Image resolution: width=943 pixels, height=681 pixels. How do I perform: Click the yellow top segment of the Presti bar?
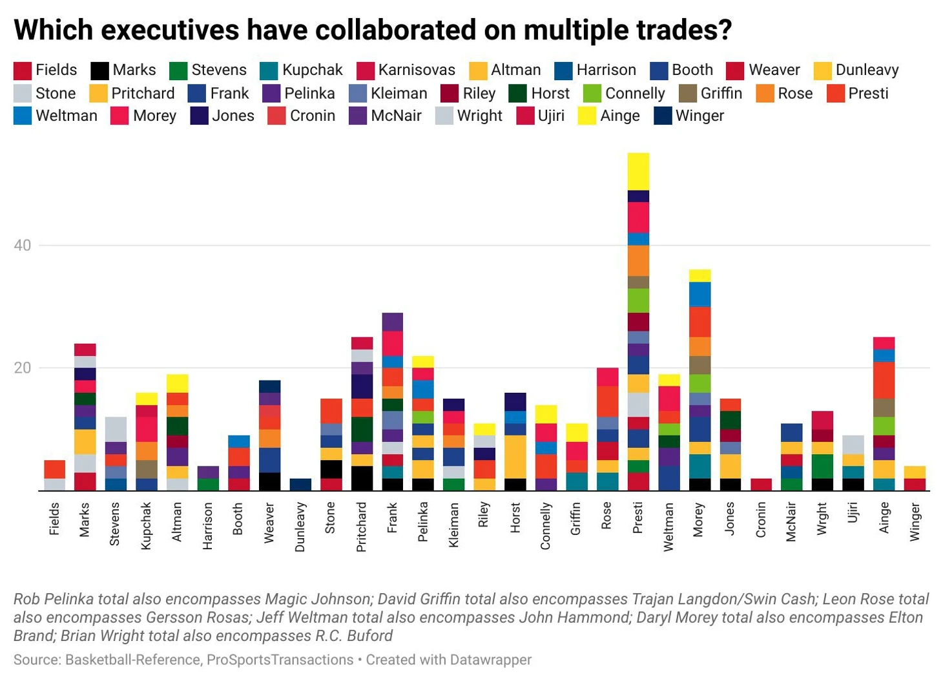[638, 171]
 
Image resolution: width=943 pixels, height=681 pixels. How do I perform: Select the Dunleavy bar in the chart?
[300, 485]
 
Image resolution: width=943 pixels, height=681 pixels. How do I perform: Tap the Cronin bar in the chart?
[761, 484]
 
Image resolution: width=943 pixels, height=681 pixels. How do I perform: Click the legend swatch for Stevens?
[178, 70]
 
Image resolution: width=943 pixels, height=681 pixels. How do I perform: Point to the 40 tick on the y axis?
[23, 246]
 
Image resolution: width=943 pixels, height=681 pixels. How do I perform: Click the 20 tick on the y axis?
[23, 368]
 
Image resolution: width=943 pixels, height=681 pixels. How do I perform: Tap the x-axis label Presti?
[638, 518]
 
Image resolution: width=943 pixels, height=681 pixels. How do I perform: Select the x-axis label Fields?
[54, 519]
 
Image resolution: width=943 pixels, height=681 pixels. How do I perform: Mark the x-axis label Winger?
[915, 522]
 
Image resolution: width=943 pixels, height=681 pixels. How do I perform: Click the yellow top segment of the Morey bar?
[699, 275]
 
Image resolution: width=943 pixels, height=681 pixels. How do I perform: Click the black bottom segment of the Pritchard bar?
[362, 478]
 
